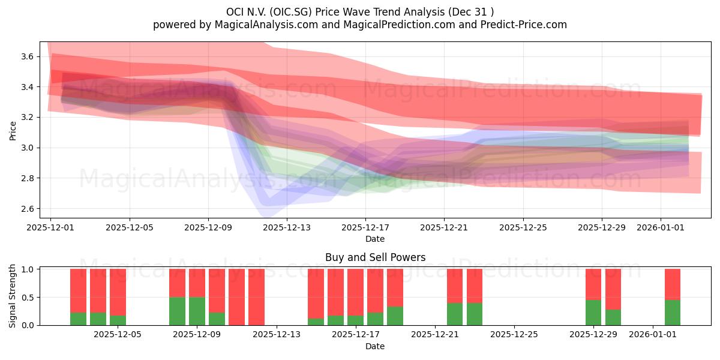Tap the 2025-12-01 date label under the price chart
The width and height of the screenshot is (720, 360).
tap(51, 228)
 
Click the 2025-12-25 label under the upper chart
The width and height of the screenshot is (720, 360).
tap(523, 228)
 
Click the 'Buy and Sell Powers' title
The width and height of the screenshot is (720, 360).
tap(375, 257)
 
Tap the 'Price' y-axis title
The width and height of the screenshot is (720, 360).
tap(13, 130)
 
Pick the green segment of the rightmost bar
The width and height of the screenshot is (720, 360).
tap(673, 313)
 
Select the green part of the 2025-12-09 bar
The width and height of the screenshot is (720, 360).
tap(197, 311)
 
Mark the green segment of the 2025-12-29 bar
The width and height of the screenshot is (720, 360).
tap(593, 313)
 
